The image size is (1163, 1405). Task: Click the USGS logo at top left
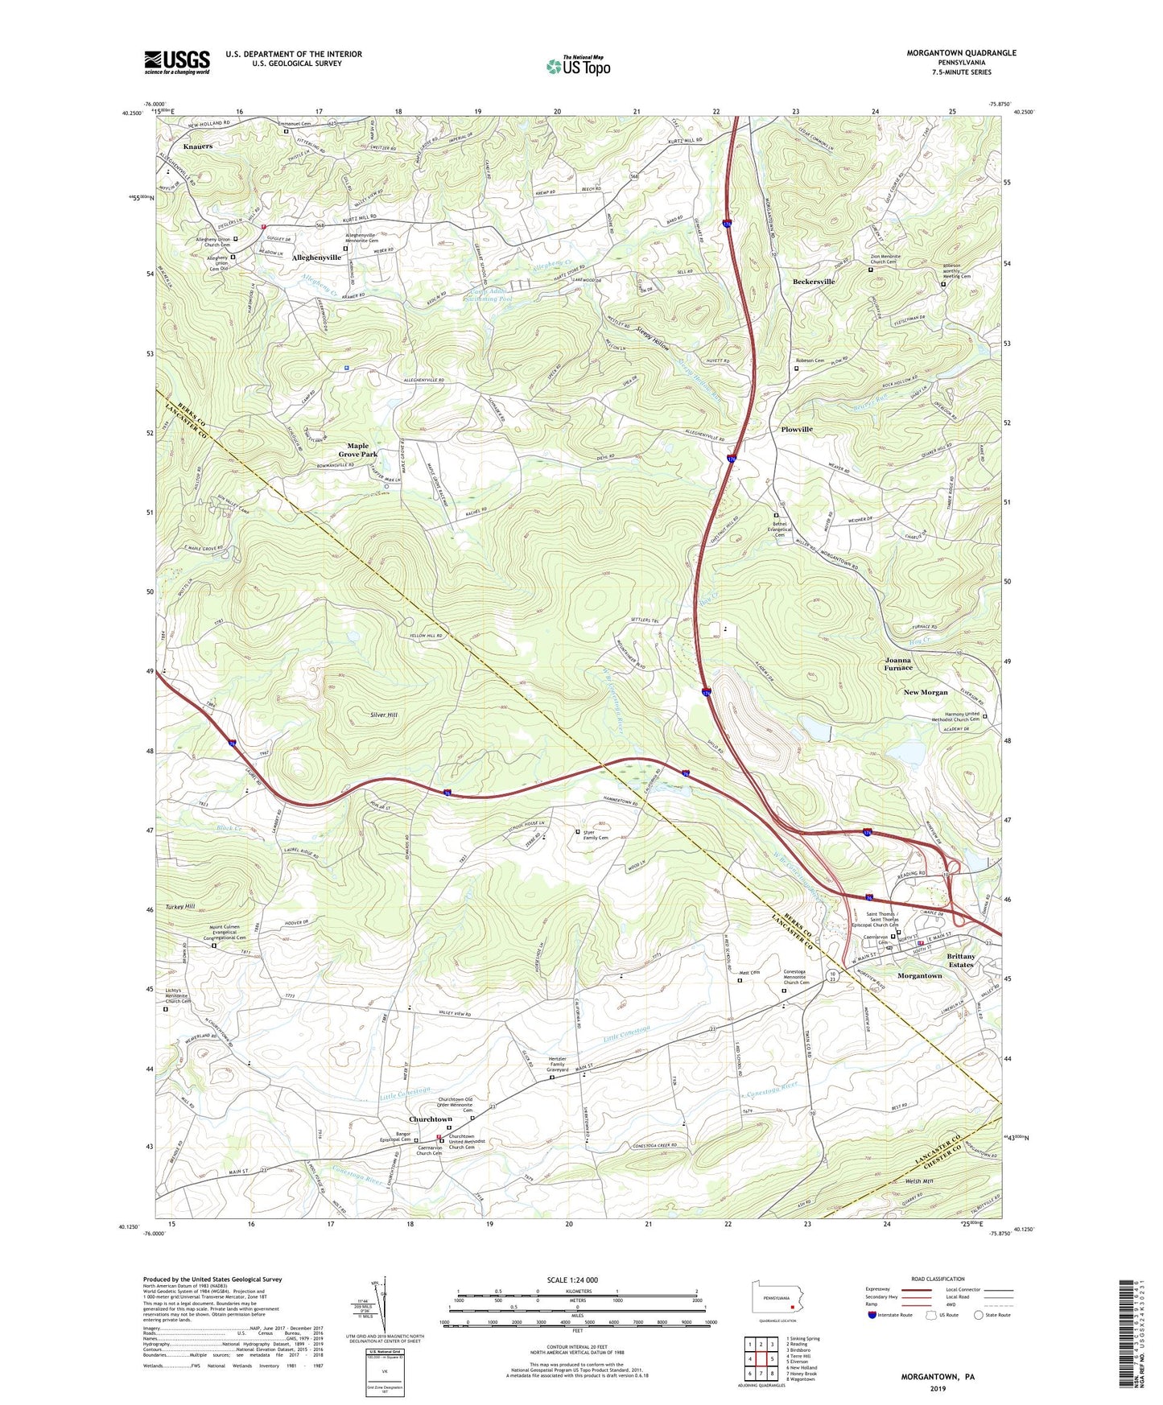177,62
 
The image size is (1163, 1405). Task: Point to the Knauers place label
198,146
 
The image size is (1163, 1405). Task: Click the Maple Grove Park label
357,450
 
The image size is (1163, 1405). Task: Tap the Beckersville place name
813,282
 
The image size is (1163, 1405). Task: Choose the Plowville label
797,429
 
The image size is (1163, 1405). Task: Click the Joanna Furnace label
899,664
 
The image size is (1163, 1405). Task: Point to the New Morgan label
926,692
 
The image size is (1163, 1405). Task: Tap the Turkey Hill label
178,906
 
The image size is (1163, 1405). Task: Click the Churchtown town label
431,1119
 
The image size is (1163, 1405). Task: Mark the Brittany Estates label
961,960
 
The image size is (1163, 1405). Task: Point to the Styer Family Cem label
596,834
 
